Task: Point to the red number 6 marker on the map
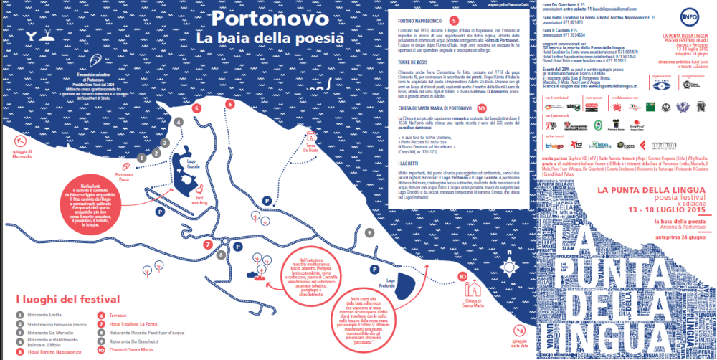[229, 104]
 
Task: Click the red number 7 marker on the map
[206, 245]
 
